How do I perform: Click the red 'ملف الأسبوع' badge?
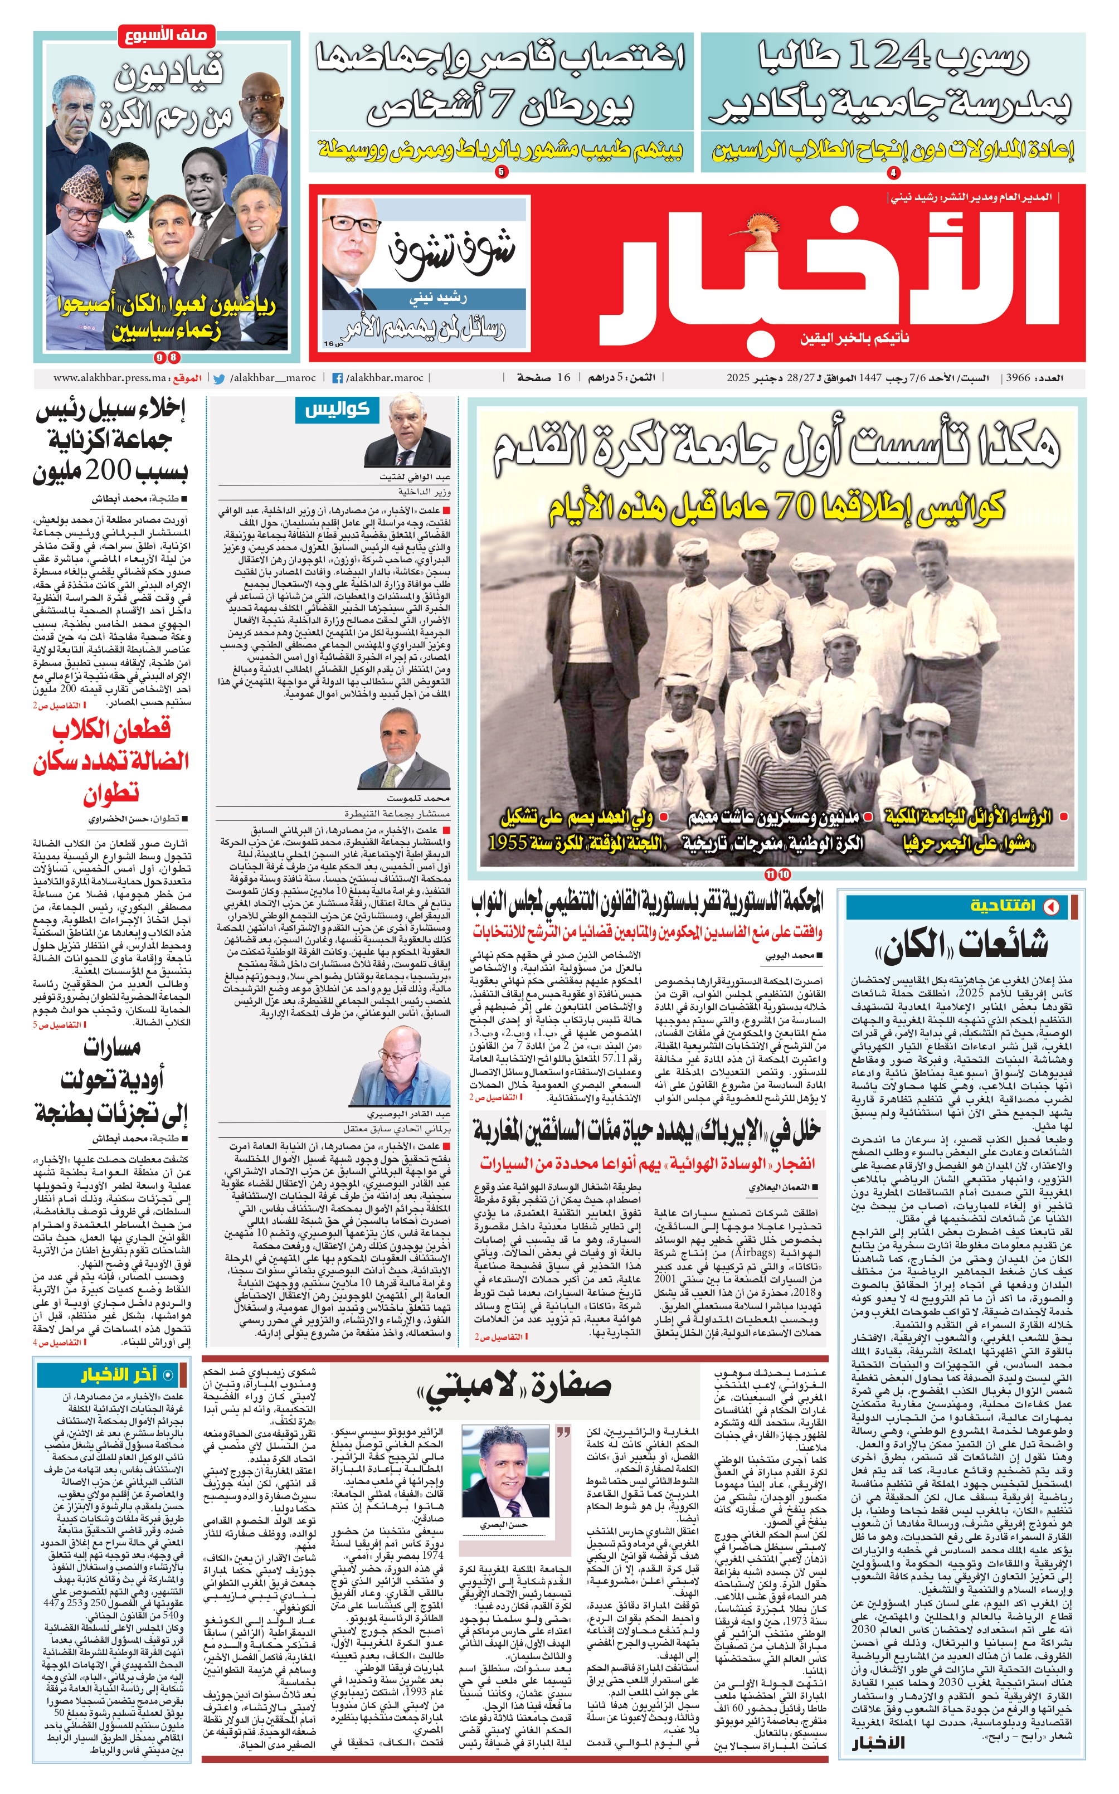pos(167,35)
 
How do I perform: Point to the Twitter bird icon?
pos(219,378)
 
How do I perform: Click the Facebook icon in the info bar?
pos(338,378)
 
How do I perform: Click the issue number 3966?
pos(1018,378)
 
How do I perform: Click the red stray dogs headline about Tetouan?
pos(111,760)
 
